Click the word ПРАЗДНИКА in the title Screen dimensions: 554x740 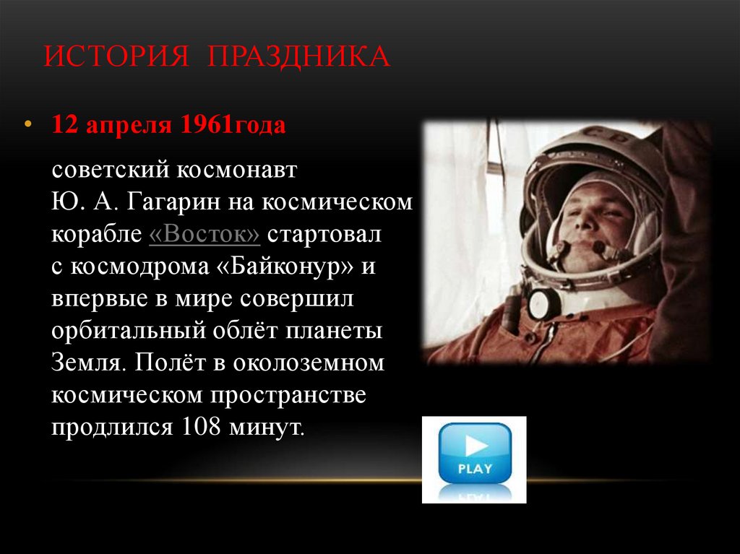pyautogui.click(x=298, y=56)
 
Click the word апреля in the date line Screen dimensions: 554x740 pyautogui.click(x=129, y=126)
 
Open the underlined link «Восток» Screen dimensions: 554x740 pyautogui.click(x=205, y=235)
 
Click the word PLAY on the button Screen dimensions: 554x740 pyautogui.click(x=475, y=468)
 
